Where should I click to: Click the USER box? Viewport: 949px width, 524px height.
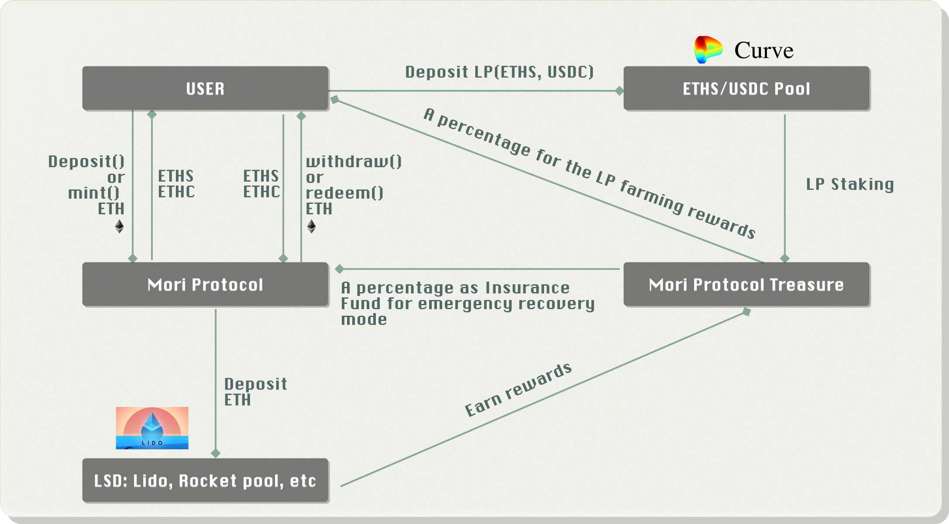pos(205,89)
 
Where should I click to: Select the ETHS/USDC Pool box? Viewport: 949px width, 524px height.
pos(746,89)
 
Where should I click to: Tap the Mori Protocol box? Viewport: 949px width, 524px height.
pos(205,285)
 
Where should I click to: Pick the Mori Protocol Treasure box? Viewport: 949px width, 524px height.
pos(746,285)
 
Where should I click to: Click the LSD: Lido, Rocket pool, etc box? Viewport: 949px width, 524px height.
pos(205,481)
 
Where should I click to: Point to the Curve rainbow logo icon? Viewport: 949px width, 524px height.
pos(708,49)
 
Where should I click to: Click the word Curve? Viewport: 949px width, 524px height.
pos(763,51)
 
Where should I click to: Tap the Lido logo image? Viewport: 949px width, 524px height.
pos(152,428)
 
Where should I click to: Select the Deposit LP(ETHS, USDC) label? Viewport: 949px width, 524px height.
pos(499,72)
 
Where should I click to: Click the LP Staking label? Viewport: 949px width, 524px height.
pos(850,184)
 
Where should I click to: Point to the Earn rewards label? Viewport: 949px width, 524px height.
pos(518,390)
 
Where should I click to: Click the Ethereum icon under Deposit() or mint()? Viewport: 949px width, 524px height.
pos(119,227)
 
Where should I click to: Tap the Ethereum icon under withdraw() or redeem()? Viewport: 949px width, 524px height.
pos(311,227)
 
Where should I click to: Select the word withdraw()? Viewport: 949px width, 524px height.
pos(354,162)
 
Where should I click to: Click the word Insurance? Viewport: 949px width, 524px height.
pos(527,288)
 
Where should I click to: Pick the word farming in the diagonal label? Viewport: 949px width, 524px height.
pos(651,196)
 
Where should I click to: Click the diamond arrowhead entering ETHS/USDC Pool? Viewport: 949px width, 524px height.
pos(619,91)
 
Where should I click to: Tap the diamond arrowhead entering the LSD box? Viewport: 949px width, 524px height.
pos(216,453)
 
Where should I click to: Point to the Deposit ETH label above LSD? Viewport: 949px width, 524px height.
pos(255,392)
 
